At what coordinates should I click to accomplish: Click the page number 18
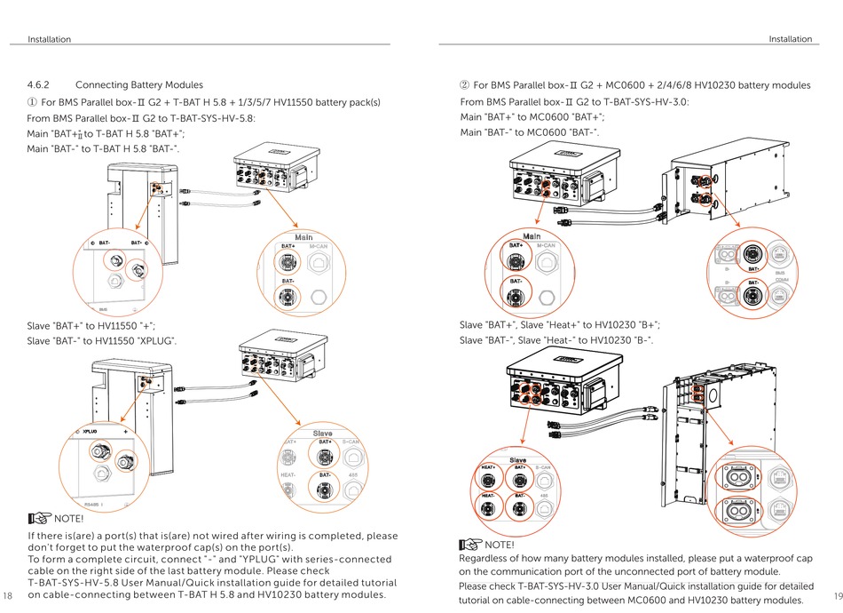tap(9, 594)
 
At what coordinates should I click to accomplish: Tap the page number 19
tap(836, 594)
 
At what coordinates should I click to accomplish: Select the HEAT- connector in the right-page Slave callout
tap(489, 510)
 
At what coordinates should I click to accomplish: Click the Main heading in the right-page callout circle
tap(532, 235)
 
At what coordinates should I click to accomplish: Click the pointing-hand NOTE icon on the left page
tap(40, 518)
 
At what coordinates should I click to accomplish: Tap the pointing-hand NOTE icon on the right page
tap(471, 544)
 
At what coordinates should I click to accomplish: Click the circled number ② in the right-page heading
tap(463, 85)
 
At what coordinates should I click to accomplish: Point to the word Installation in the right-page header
tap(790, 39)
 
